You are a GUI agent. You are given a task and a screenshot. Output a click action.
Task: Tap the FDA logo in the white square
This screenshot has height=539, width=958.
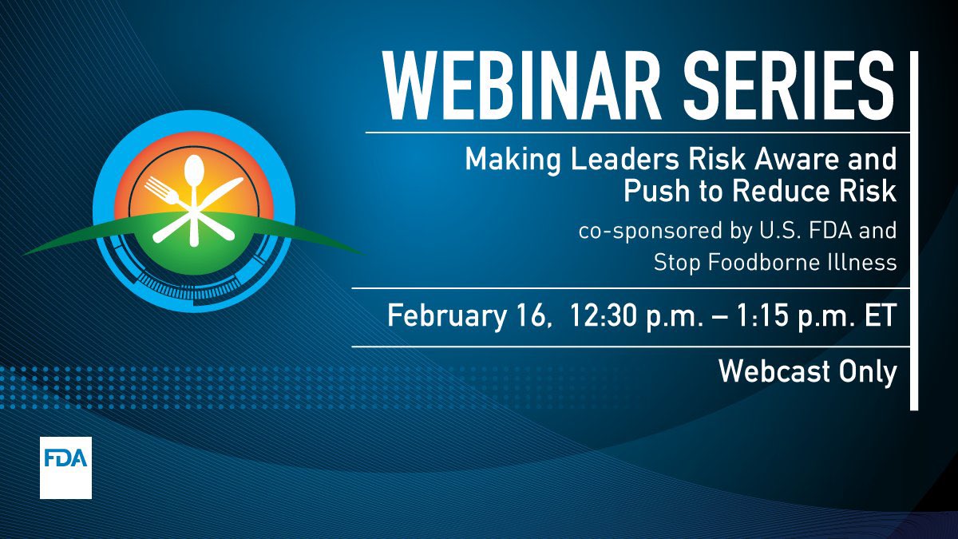[x=65, y=467]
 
